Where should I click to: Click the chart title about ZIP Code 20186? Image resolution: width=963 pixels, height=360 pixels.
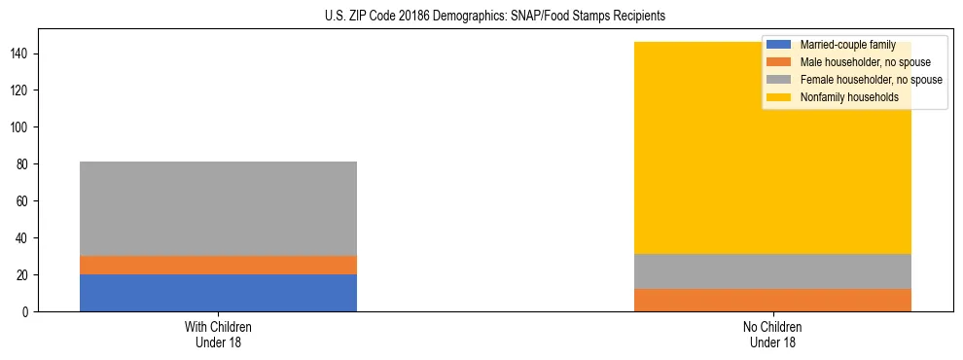495,17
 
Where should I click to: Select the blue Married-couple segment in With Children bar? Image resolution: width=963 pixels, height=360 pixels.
218,293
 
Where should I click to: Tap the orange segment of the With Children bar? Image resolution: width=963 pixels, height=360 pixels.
218,265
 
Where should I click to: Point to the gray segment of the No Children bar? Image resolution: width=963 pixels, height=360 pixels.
772,271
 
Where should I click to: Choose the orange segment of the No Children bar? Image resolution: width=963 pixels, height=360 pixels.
772,300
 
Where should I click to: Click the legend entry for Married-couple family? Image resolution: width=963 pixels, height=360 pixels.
847,45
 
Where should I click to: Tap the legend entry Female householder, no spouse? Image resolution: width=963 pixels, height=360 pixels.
871,80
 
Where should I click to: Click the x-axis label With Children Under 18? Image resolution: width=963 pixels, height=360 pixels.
218,334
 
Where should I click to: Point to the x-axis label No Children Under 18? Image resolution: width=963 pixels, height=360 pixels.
772,334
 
